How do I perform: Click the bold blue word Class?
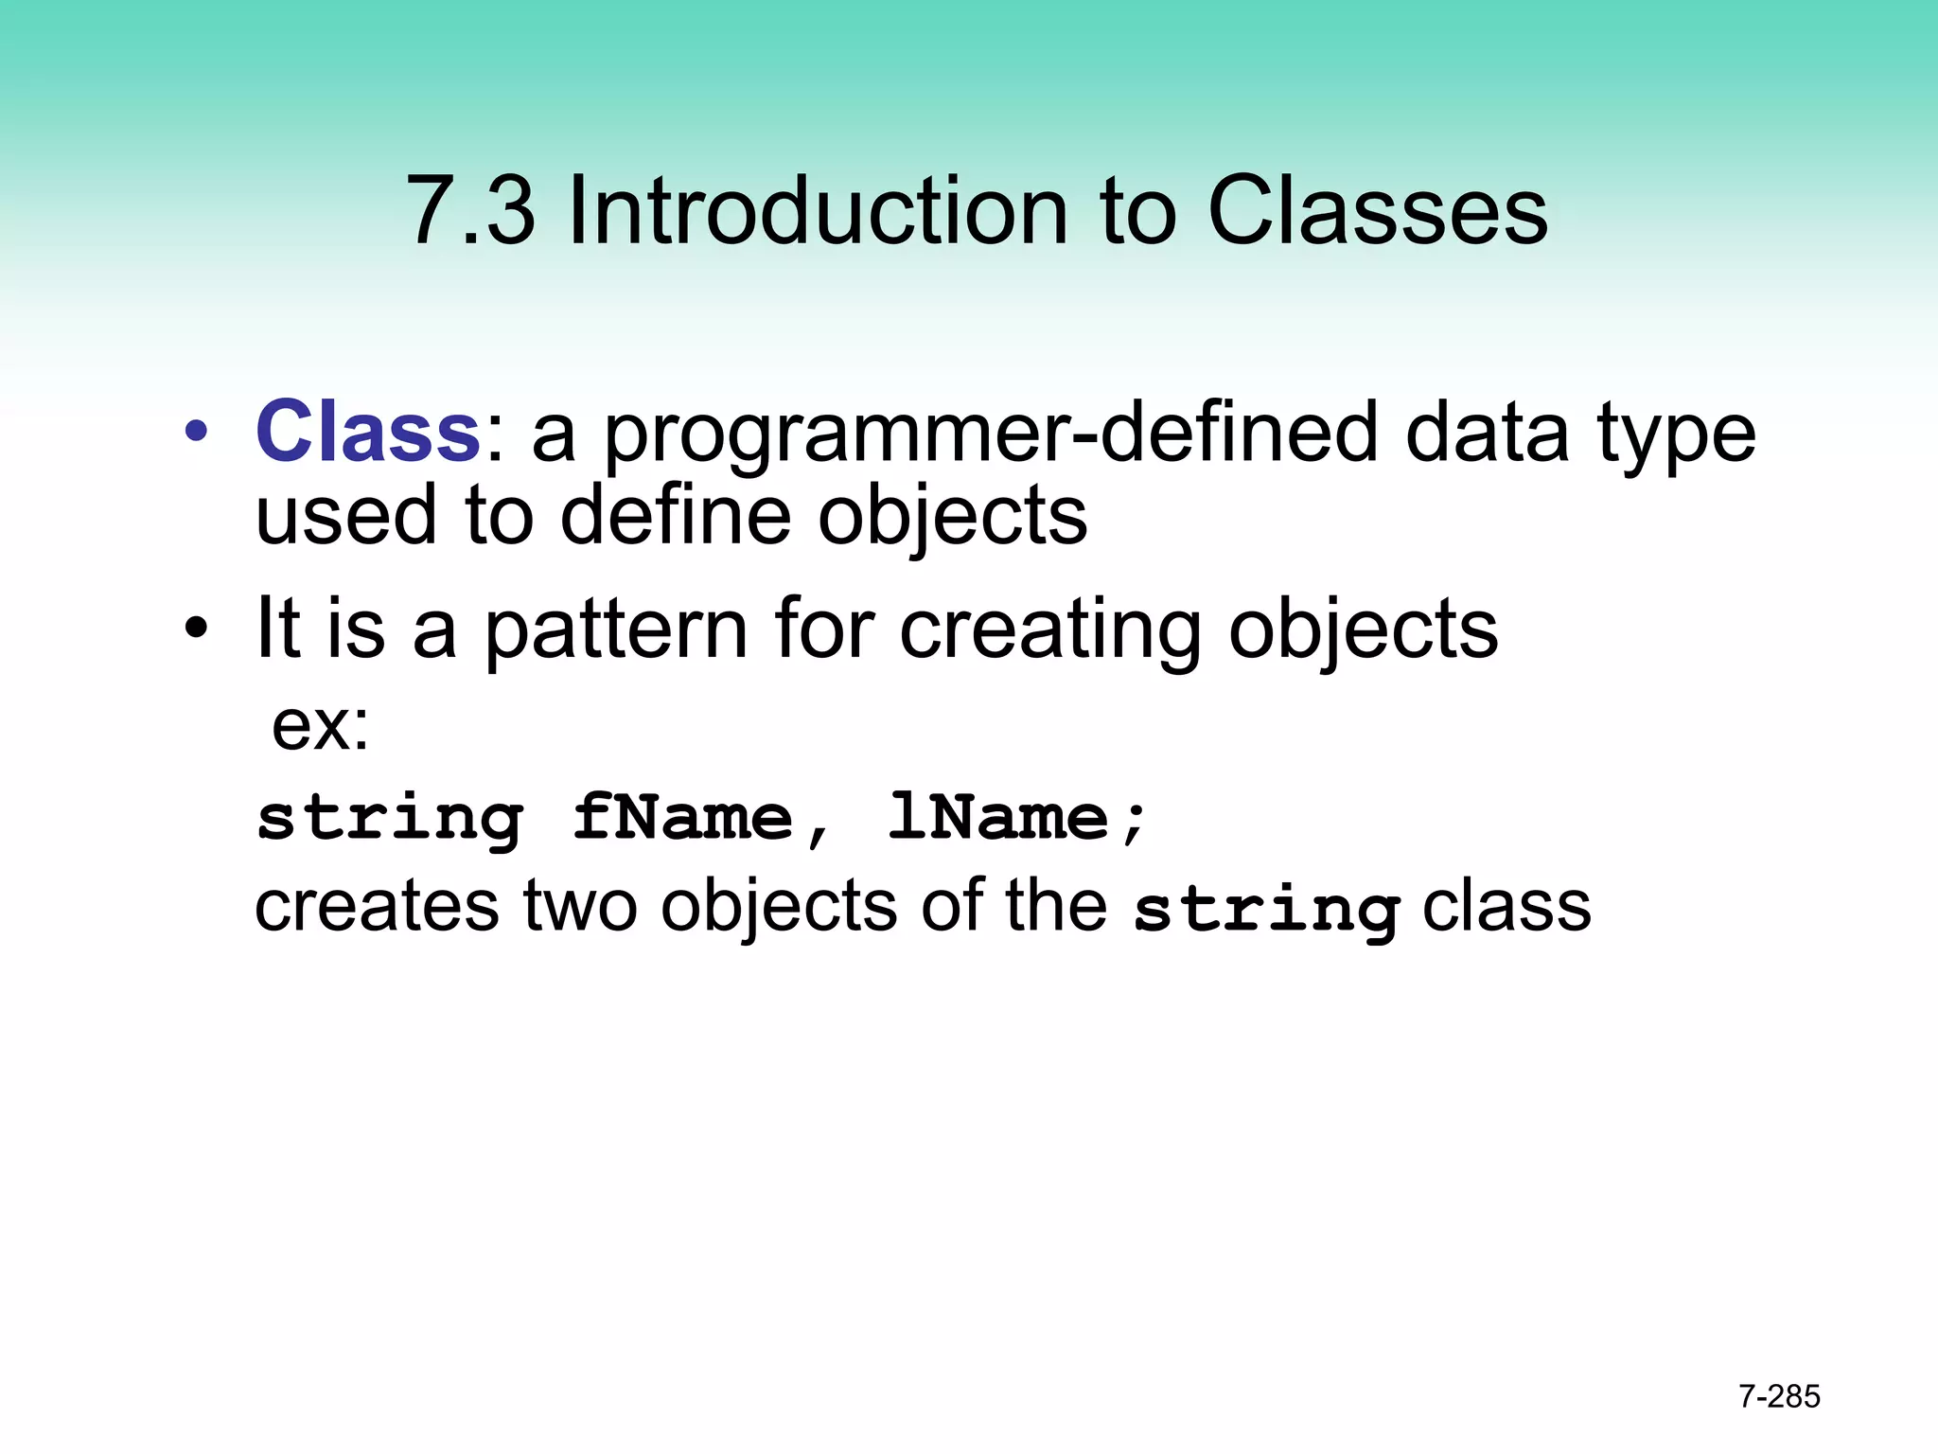point(368,432)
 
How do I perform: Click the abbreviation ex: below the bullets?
point(320,727)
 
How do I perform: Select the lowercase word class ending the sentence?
point(1506,906)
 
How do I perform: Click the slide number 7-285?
point(1779,1396)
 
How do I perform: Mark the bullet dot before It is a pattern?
point(196,629)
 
